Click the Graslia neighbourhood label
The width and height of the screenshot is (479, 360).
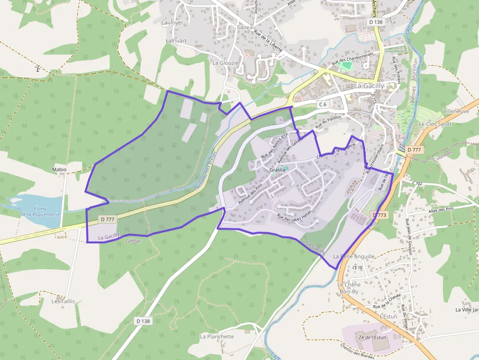point(277,170)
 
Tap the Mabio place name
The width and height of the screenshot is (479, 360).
point(59,169)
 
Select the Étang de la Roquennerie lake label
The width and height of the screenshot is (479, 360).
point(40,211)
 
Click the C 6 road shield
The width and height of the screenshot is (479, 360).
point(322,104)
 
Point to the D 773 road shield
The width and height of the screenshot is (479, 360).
point(379,215)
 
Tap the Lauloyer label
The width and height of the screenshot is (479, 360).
point(172,22)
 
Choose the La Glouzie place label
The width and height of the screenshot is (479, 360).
point(225,63)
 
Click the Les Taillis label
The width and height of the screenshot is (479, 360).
point(64,301)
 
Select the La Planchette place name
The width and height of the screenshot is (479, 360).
point(217,337)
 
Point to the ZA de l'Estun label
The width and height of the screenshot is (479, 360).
point(372,338)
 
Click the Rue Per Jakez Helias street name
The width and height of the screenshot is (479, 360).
point(293,215)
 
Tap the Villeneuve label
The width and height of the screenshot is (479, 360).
point(456,111)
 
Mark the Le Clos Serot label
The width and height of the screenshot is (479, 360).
point(435,124)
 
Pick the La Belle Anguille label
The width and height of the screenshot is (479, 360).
point(354,256)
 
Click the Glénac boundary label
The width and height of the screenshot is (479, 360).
point(133,241)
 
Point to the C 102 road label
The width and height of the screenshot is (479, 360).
point(417,183)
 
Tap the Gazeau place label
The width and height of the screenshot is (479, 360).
point(246,27)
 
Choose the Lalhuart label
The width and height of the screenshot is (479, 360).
point(176,41)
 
